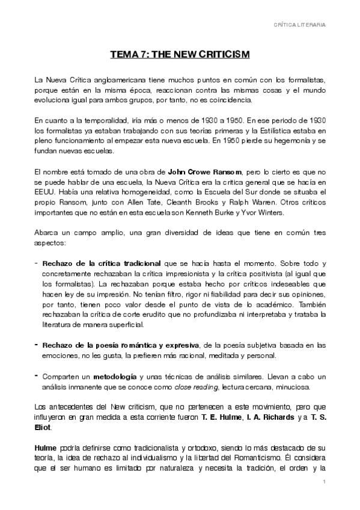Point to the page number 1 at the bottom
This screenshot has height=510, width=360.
coord(323,482)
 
